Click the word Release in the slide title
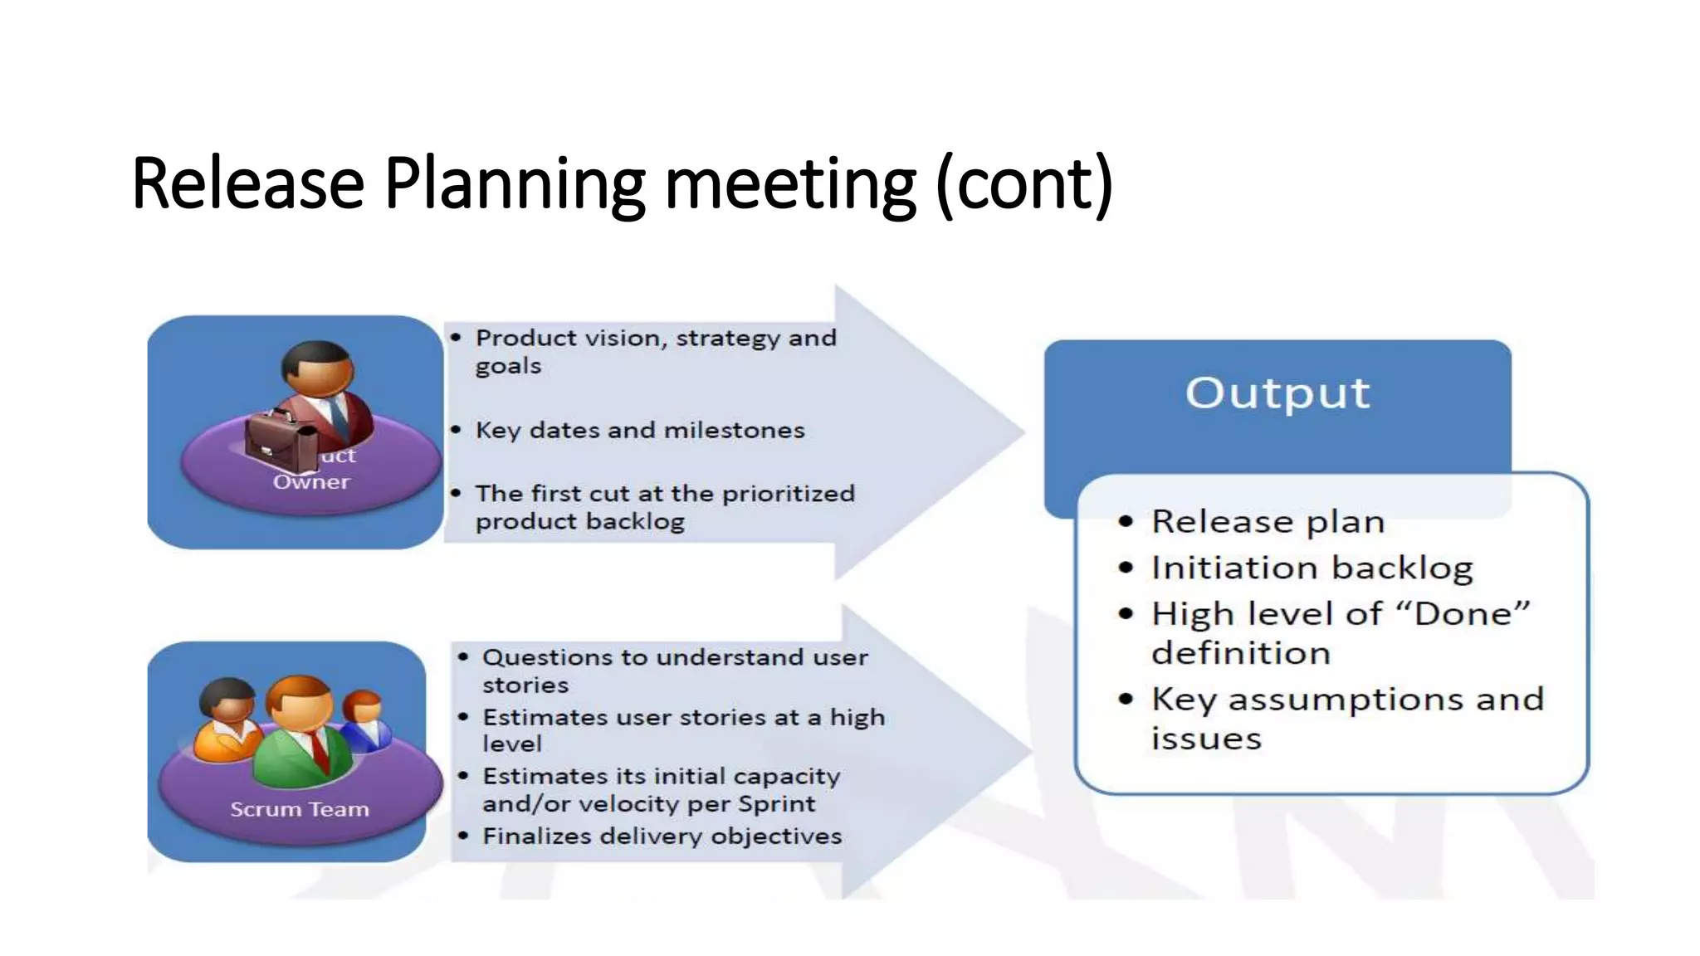coord(247,183)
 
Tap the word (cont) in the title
coord(1024,183)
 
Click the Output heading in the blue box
coord(1277,393)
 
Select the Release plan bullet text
coord(1268,522)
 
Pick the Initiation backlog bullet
coord(1312,568)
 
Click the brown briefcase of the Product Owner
coord(280,439)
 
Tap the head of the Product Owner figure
coord(317,368)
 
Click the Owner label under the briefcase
coord(311,482)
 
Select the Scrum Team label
coord(299,809)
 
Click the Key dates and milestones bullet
coord(639,430)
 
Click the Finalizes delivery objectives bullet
coord(662,836)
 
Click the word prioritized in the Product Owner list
coord(788,494)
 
